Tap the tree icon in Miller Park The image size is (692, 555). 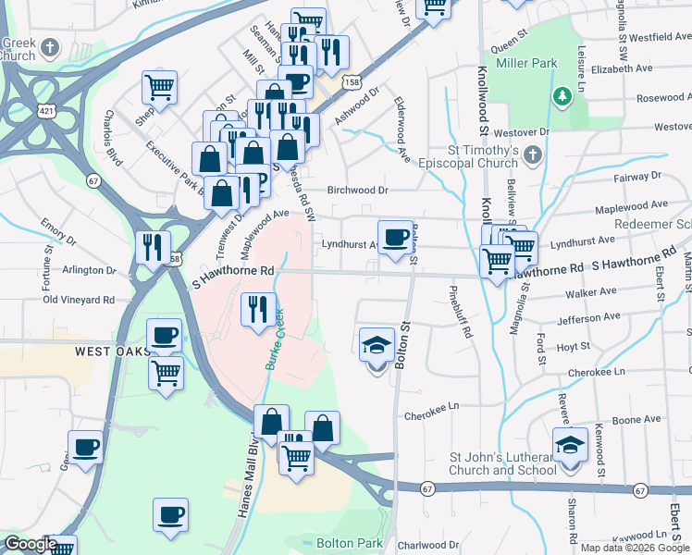pos(561,95)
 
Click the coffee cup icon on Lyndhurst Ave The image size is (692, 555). pos(395,237)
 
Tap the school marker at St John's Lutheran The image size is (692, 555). pos(570,446)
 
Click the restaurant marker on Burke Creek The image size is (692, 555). pos(258,309)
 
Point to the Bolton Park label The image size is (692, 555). pos(343,542)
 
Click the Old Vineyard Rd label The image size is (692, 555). pos(79,300)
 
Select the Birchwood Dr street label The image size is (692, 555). pos(361,191)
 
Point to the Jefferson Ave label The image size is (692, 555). pos(588,318)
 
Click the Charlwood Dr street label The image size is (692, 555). pos(428,546)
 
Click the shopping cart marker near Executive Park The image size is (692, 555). pos(159,88)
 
